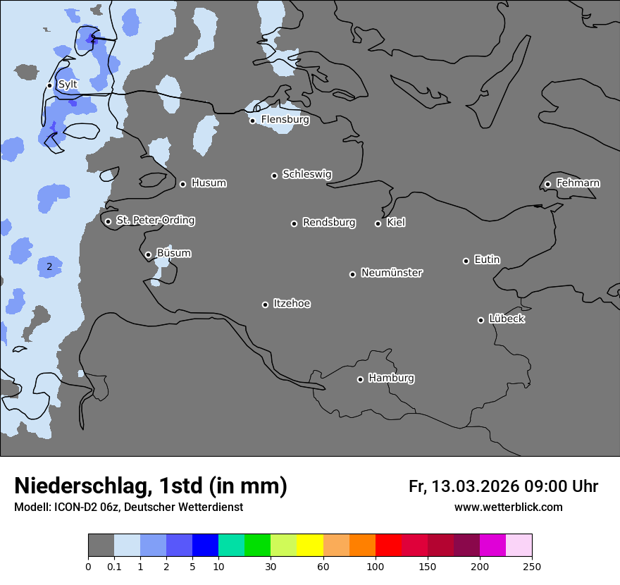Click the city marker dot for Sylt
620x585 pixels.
(50, 85)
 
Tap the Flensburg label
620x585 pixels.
(285, 120)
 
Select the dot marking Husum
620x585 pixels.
(182, 184)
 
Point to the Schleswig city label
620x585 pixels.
(306, 174)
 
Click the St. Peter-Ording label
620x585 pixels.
(155, 221)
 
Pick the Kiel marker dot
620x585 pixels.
(378, 223)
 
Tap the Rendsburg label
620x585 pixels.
(328, 223)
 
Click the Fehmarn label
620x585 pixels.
(578, 183)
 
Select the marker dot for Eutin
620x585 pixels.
(466, 261)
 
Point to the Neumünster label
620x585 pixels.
(392, 273)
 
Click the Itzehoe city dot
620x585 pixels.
(265, 304)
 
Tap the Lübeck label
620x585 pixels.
(507, 319)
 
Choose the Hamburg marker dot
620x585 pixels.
(360, 379)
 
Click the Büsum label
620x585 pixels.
(173, 253)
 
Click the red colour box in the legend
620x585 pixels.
(388, 546)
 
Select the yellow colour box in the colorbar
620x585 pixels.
(310, 546)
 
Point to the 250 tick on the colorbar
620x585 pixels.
(532, 565)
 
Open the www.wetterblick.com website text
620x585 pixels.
(508, 507)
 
